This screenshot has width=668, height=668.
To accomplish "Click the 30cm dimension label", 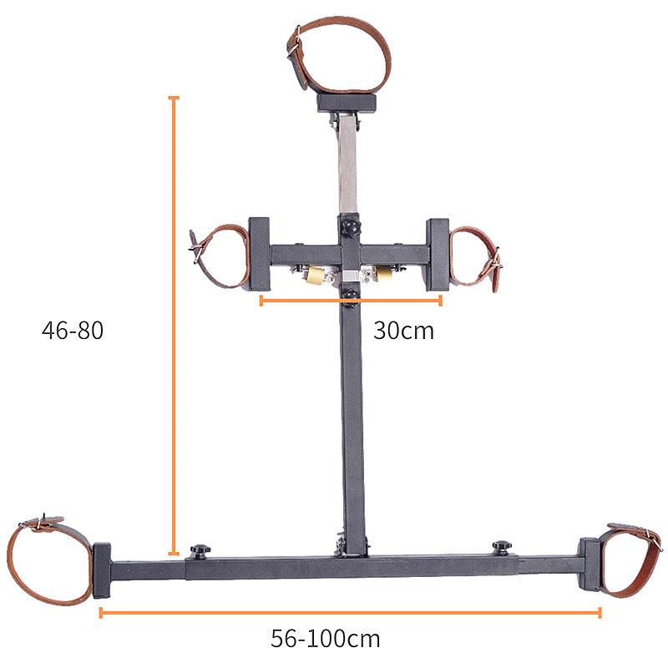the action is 403,331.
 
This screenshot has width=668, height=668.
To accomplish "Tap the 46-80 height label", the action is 73,330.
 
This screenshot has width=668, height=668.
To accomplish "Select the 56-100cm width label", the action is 326,638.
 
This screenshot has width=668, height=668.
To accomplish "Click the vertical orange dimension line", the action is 174,326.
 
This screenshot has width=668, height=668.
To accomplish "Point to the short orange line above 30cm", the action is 351,301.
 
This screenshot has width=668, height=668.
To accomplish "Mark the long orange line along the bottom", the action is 350,613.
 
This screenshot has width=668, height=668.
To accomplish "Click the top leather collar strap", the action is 339,54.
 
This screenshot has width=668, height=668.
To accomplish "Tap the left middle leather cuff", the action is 220,256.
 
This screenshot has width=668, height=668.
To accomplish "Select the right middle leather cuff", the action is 476,258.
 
